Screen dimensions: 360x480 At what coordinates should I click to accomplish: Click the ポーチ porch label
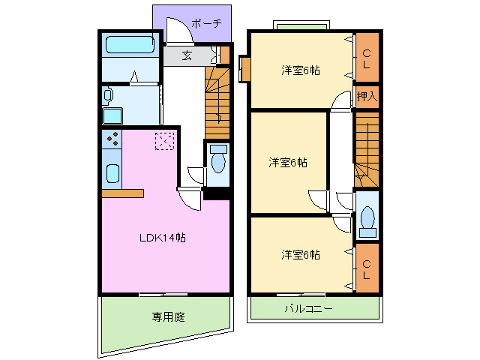206,23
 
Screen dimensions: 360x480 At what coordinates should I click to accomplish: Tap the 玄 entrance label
187,55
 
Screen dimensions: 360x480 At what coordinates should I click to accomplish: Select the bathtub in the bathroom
130,44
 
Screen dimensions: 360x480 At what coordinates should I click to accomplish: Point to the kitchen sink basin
112,173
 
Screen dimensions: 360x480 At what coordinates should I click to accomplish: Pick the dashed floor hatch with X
164,140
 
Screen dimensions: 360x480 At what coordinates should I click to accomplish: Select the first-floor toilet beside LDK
218,163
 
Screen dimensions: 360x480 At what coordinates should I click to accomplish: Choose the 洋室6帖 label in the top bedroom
301,70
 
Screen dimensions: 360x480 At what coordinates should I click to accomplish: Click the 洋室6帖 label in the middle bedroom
288,162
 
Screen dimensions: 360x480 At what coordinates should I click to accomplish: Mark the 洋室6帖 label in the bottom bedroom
301,254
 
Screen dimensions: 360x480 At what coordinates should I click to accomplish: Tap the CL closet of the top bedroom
367,57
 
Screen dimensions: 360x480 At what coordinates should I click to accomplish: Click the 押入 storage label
367,96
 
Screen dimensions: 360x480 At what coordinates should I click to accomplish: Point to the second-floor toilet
367,217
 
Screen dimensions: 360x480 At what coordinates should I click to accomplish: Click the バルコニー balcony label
309,308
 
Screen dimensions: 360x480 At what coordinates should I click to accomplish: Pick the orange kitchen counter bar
122,193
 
